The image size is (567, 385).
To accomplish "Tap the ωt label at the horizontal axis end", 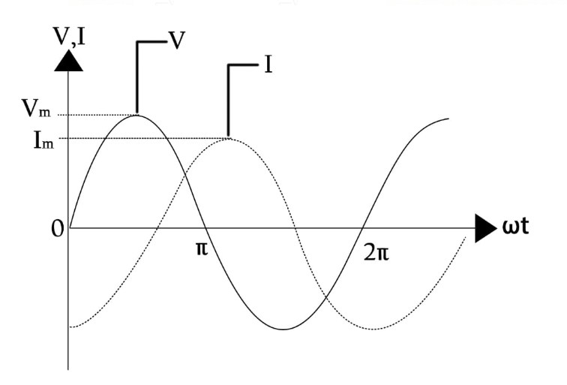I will pyautogui.click(x=516, y=227).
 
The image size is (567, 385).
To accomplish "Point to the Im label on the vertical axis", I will pyautogui.click(x=37, y=139).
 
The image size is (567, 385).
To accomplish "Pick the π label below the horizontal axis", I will pyautogui.click(x=201, y=248).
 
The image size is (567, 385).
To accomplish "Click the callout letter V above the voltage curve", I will pyautogui.click(x=176, y=40).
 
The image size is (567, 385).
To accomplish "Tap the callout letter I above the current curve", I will pyautogui.click(x=268, y=65).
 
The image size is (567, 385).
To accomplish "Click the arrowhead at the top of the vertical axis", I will pyautogui.click(x=70, y=60).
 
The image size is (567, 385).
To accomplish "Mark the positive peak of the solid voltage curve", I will pyautogui.click(x=137, y=114).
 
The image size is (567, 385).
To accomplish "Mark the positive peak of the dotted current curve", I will pyautogui.click(x=229, y=138).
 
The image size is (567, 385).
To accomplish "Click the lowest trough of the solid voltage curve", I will pyautogui.click(x=283, y=329).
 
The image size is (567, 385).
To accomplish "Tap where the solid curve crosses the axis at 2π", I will pyautogui.click(x=364, y=227).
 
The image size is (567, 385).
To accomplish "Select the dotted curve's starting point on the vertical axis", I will pyautogui.click(x=70, y=326).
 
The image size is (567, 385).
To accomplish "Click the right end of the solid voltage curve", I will pyautogui.click(x=448, y=119).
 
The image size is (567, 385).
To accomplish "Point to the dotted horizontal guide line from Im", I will pyautogui.click(x=150, y=138).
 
